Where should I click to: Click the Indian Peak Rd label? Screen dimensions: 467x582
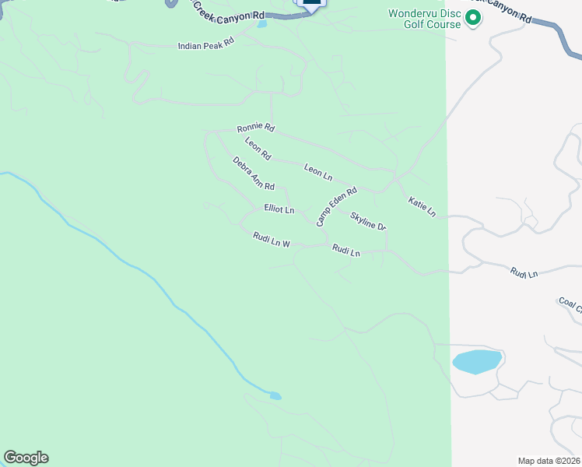click(205, 46)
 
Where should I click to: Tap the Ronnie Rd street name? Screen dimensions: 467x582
click(256, 127)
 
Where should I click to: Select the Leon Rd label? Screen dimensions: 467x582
click(257, 149)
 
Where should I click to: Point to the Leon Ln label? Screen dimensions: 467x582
click(317, 172)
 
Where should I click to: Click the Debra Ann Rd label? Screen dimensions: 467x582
click(254, 174)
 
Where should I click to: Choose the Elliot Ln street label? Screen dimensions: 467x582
click(279, 209)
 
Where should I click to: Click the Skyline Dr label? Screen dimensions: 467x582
click(368, 221)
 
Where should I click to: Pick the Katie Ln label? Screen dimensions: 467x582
click(422, 206)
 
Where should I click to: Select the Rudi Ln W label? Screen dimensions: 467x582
click(271, 240)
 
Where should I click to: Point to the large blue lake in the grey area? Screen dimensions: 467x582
click(477, 361)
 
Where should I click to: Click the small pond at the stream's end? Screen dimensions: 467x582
click(275, 395)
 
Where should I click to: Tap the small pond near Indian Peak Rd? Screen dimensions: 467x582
click(261, 23)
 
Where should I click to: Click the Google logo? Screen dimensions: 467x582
click(26, 458)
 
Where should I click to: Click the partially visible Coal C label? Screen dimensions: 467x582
click(570, 304)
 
